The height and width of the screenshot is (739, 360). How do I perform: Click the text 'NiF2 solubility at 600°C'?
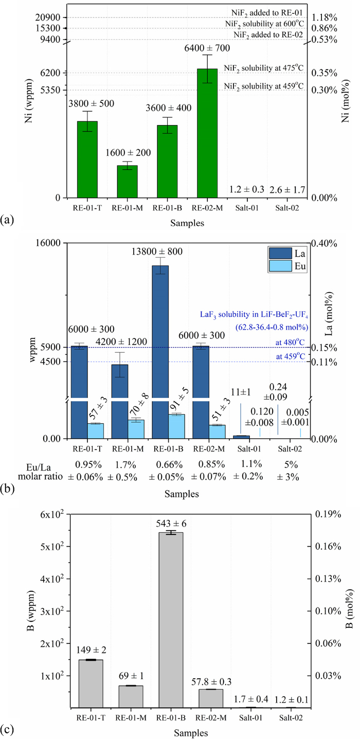(x=264, y=24)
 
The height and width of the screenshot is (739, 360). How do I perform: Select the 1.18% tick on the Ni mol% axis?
(x=326, y=17)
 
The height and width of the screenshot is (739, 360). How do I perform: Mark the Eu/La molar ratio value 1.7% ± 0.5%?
(x=122, y=471)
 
